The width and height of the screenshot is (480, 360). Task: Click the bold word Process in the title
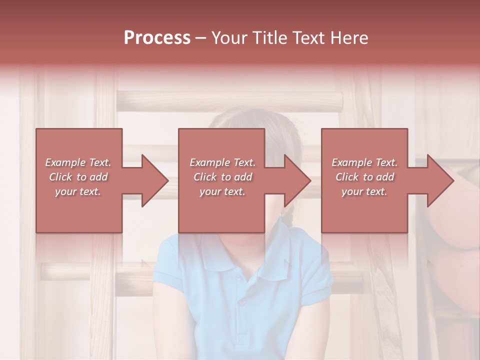[x=157, y=38]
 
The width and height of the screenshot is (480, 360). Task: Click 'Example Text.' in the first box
[x=78, y=162]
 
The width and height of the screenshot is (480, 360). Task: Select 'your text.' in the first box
[x=78, y=191]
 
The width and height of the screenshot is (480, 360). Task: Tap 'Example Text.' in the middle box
[x=222, y=162]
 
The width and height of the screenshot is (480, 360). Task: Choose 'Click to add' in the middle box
[x=222, y=177]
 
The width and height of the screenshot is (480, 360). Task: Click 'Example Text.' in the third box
[x=364, y=162]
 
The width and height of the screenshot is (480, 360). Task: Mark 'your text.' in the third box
[x=364, y=191]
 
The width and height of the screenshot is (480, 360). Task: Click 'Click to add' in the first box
[x=78, y=177]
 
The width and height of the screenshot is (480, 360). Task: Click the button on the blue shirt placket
[x=242, y=302]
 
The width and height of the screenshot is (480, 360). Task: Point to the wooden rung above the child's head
[x=230, y=102]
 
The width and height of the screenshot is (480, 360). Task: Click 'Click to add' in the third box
[x=364, y=177]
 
